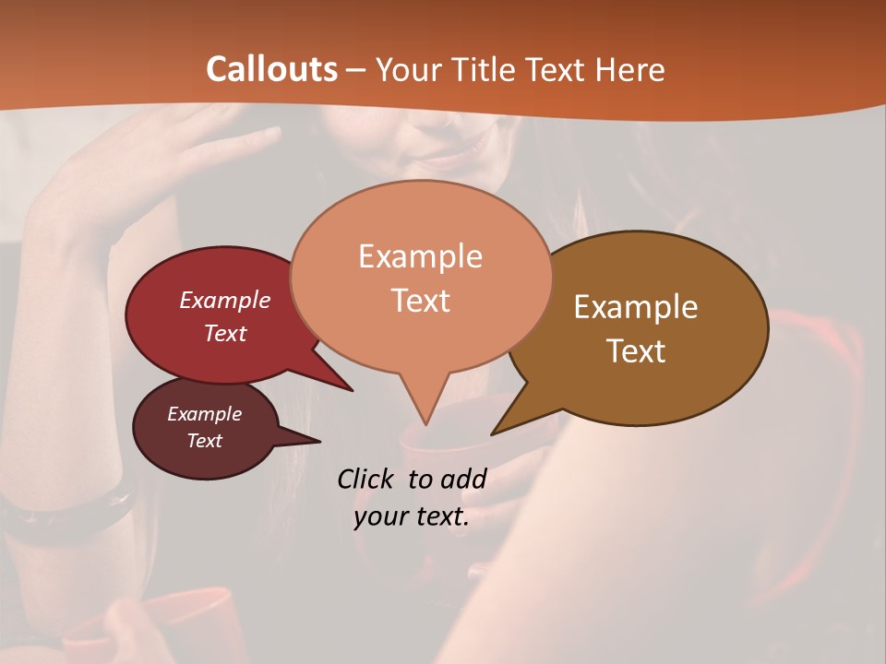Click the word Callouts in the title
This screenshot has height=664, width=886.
coord(271,69)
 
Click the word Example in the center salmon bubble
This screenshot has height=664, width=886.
coord(420,256)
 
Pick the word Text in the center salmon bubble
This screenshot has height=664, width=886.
coord(420,300)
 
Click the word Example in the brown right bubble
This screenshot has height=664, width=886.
coord(636,307)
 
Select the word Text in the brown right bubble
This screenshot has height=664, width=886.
coord(636,351)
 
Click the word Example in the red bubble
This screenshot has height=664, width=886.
coord(224,300)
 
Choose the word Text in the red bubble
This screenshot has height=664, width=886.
coord(224,333)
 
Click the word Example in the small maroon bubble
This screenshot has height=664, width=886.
coord(204,414)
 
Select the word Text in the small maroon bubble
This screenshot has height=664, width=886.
coord(204,441)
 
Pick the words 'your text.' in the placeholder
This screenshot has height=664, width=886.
coord(411,516)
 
